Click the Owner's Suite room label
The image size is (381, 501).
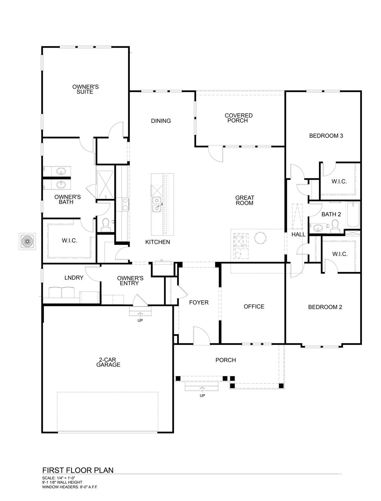[x=85, y=89]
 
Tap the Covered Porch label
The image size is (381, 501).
[x=238, y=118]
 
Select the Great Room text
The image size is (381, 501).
[x=244, y=200]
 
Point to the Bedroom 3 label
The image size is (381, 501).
[x=326, y=136]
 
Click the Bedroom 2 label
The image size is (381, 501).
[x=325, y=307]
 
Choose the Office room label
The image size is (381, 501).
[x=254, y=306]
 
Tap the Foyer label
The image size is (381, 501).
[x=199, y=302]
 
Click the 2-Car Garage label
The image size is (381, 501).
[x=108, y=362]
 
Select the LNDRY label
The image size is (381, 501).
[x=74, y=278]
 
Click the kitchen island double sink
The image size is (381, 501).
[x=157, y=204]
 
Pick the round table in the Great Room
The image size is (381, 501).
[x=260, y=238]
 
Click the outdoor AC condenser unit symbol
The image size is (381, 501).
[x=27, y=241]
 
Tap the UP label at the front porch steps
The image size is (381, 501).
[x=202, y=396]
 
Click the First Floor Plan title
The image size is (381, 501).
[x=78, y=470]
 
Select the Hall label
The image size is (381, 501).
[x=299, y=234]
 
